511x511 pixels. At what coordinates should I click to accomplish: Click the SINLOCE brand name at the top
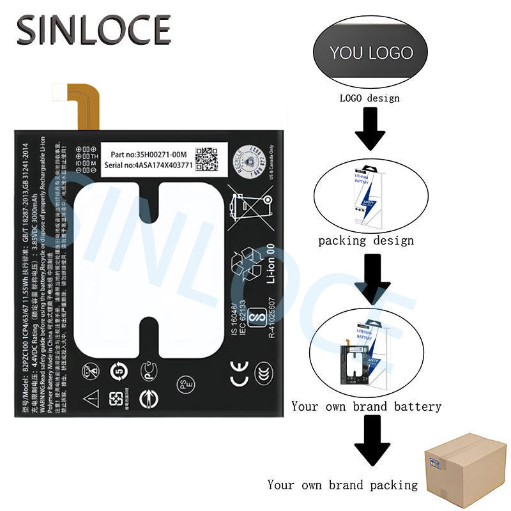pyautogui.click(x=94, y=29)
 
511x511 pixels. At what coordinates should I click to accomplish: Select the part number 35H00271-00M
pyautogui.click(x=147, y=155)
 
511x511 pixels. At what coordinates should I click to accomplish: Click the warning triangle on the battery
pyautogui.click(x=89, y=395)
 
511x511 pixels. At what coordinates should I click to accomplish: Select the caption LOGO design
pyautogui.click(x=369, y=98)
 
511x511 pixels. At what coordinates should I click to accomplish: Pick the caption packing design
pyautogui.click(x=366, y=241)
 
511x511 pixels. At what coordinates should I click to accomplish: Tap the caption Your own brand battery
pyautogui.click(x=367, y=406)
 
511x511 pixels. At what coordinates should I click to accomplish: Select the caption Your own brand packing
pyautogui.click(x=342, y=485)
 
